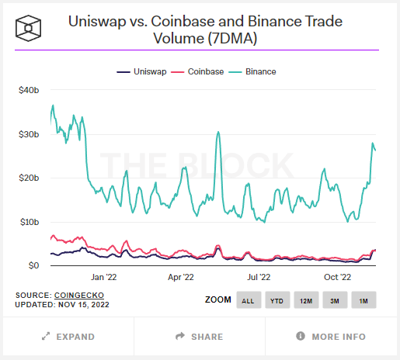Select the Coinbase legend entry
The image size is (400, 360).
tap(203, 71)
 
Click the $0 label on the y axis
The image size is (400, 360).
tap(33, 266)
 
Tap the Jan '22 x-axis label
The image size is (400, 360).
tap(103, 276)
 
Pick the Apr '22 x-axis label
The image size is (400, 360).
tap(180, 276)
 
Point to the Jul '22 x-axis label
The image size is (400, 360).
tap(259, 276)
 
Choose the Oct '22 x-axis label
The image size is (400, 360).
tap(338, 276)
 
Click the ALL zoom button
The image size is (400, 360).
tap(247, 299)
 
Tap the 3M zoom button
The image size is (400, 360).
tap(335, 299)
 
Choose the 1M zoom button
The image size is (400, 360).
tap(363, 299)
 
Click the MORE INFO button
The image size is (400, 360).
tap(332, 337)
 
